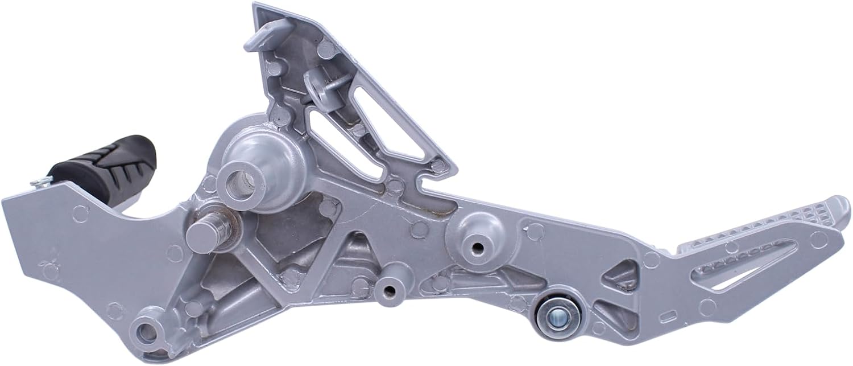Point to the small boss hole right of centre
[476, 246]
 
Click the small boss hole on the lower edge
[388, 290]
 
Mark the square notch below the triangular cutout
[425, 184]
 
